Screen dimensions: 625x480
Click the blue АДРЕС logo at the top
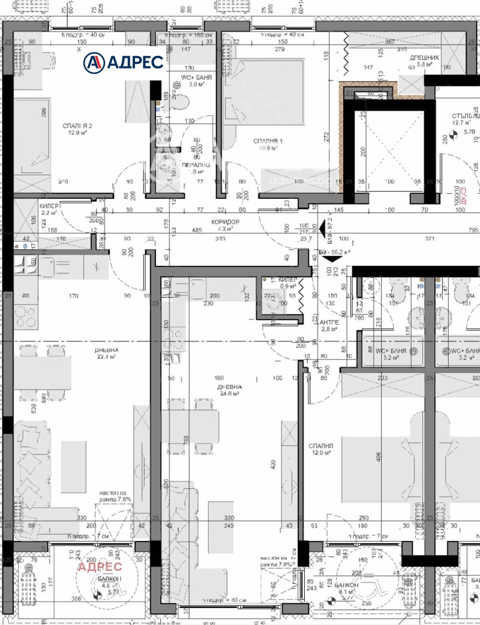(x=123, y=62)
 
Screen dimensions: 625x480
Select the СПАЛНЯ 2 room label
(x=76, y=129)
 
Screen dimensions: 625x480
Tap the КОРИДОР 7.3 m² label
(x=225, y=225)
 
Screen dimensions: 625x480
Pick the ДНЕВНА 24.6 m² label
(x=229, y=390)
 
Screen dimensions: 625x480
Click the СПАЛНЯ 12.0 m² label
(x=320, y=450)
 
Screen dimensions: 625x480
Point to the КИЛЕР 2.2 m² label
(x=49, y=209)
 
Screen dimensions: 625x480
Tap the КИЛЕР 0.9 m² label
(x=280, y=283)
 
